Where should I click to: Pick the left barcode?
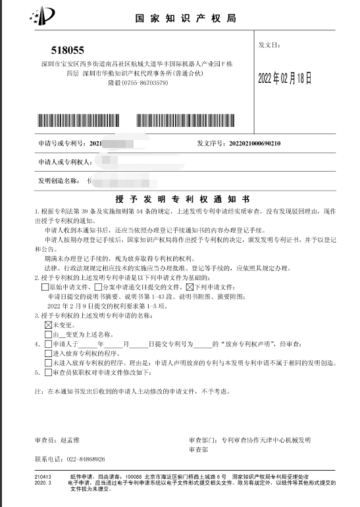(x=84, y=120)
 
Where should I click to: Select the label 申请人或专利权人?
(x=63, y=162)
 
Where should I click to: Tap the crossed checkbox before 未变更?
(x=47, y=325)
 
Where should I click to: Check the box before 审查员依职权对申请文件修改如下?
(x=47, y=372)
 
